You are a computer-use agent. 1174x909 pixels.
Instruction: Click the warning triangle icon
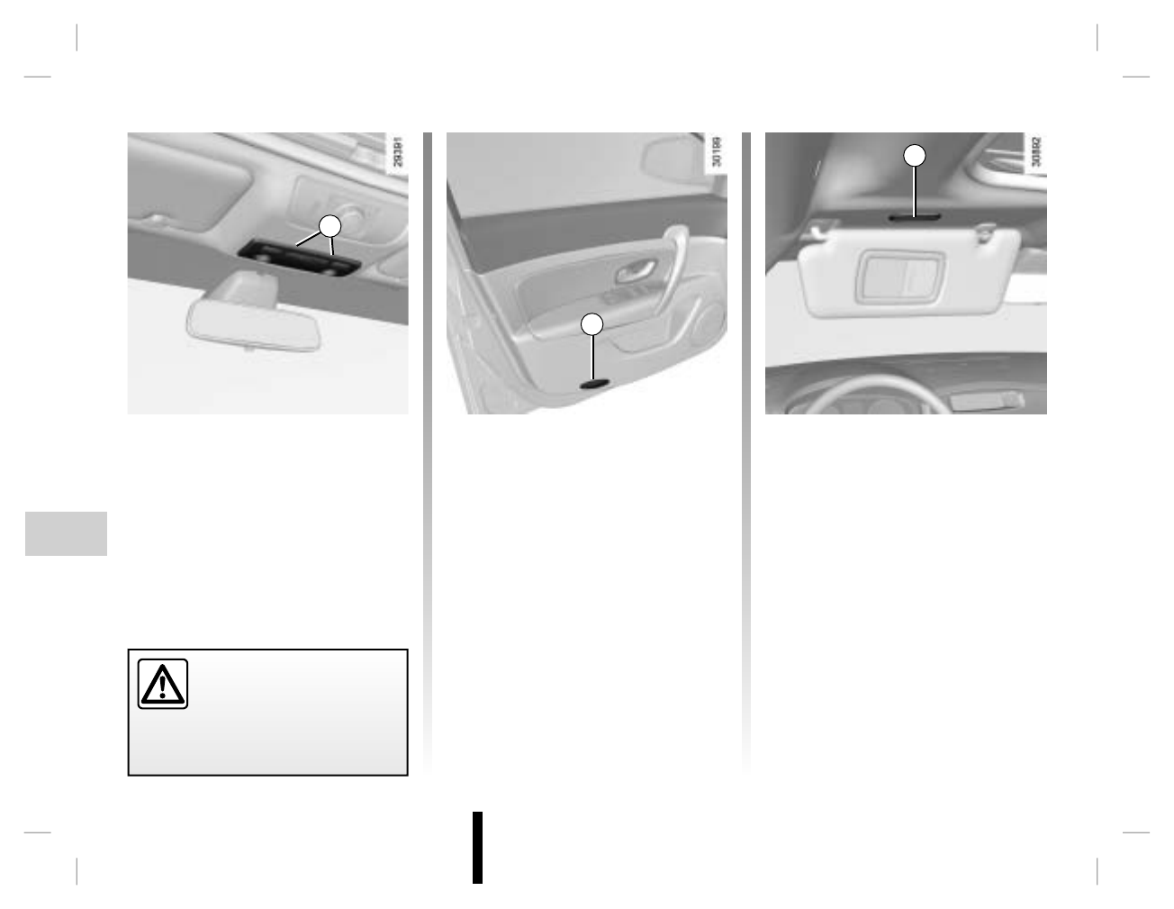[163, 685]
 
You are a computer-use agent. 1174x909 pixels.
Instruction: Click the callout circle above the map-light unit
[330, 226]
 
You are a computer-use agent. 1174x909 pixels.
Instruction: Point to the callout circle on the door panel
[592, 324]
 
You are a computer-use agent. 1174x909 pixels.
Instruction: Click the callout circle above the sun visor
[915, 155]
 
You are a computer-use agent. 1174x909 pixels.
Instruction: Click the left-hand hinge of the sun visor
[819, 232]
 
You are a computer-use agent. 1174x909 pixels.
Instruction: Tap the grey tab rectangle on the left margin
[66, 533]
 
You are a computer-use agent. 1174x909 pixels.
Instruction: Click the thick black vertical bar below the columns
[477, 848]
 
